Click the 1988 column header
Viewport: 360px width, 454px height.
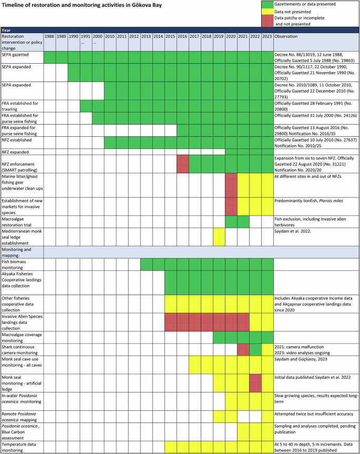pos(49,36)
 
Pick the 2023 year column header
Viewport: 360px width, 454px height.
pos(267,36)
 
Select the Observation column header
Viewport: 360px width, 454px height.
pos(289,36)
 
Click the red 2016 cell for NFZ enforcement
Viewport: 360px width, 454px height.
pos(182,163)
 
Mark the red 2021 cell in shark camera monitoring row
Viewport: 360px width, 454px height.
pos(243,349)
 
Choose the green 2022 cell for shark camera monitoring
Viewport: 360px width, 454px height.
pos(255,349)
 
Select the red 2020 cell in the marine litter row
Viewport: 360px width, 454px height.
pos(231,185)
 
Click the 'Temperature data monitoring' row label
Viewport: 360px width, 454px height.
pos(22,446)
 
